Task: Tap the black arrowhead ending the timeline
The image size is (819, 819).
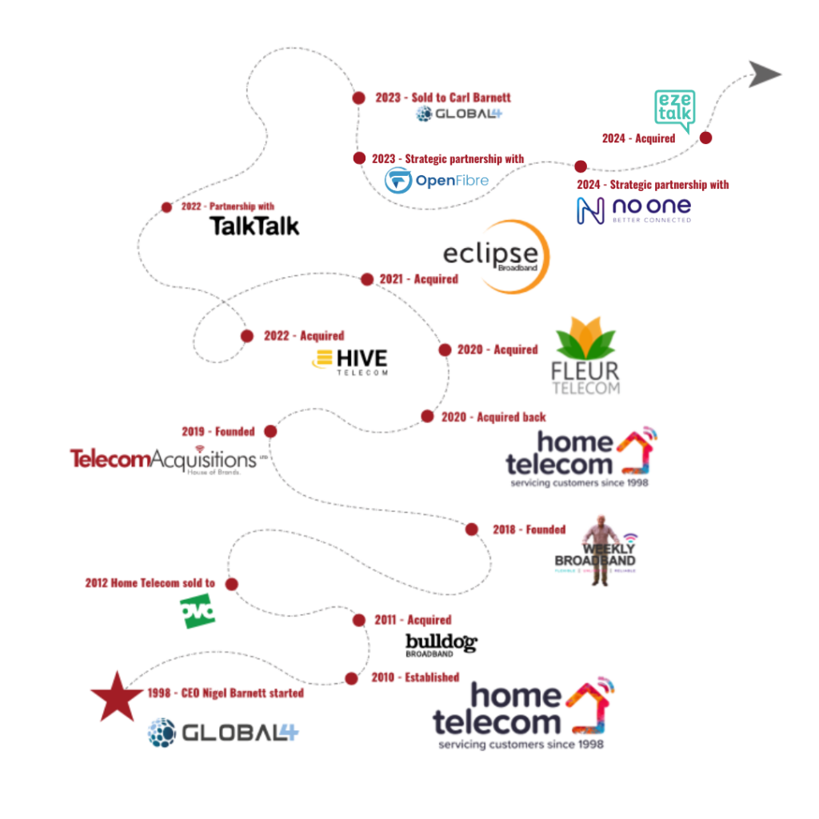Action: pos(766,73)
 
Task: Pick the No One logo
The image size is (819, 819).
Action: pos(633,210)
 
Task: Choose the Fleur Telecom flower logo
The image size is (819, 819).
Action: pos(586,355)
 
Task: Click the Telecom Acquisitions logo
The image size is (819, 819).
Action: pos(164,459)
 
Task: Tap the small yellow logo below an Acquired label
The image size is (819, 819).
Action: pos(322,359)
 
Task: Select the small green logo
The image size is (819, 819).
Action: pos(198,611)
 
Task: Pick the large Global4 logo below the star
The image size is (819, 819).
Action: pos(223,732)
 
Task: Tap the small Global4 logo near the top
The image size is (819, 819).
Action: pos(458,114)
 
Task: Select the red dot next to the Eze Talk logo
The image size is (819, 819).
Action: pos(705,137)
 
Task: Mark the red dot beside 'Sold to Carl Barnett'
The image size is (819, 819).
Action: pos(358,98)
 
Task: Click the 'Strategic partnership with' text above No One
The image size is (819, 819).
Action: pos(653,185)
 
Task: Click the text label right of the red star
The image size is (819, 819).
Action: pos(225,693)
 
